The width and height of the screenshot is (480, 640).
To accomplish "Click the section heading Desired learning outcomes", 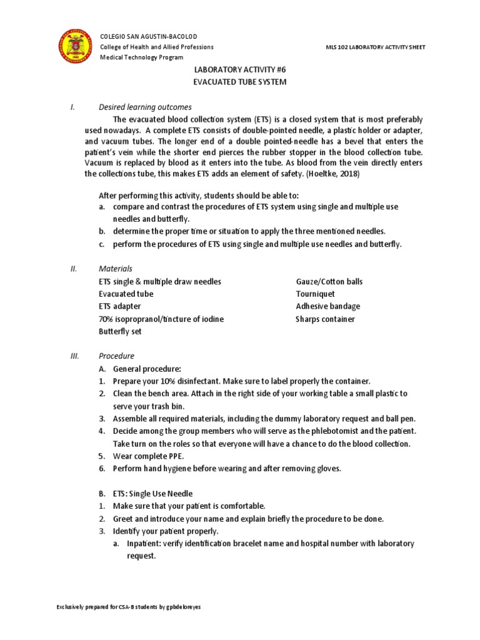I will click(x=145, y=107).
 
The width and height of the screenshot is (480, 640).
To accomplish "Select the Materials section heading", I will click(x=116, y=269).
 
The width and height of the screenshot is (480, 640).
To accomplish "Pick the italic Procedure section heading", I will click(x=116, y=356).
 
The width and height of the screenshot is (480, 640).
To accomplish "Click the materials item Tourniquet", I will click(x=315, y=294).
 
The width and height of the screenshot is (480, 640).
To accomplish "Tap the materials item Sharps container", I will click(x=325, y=319).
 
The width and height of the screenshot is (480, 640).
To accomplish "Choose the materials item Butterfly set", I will click(x=120, y=331).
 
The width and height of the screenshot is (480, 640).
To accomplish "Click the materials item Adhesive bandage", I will click(x=327, y=306).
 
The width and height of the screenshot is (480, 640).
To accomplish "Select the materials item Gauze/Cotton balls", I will click(x=329, y=281).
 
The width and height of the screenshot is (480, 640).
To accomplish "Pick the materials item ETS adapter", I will click(x=120, y=306).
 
